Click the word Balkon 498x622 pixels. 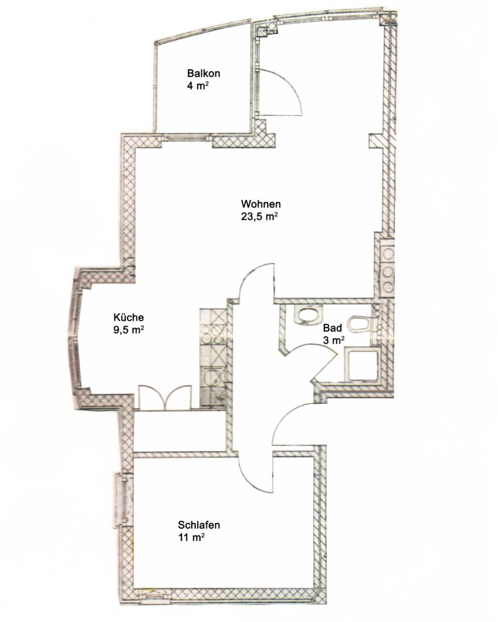(x=203, y=73)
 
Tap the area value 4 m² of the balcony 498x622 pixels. (x=198, y=86)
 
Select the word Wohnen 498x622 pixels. (x=261, y=204)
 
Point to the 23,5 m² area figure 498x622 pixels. (x=259, y=217)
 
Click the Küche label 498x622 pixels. (x=129, y=317)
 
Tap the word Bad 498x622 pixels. (x=333, y=327)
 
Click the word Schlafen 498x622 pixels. (x=199, y=525)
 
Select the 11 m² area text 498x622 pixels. (x=192, y=538)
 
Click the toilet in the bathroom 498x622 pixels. (x=360, y=323)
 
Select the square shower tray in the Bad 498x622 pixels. (x=362, y=365)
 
